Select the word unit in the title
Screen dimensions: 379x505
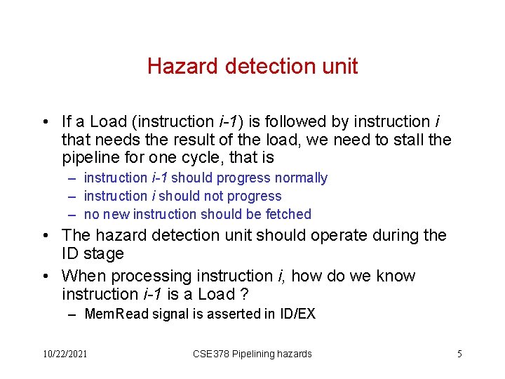point(339,67)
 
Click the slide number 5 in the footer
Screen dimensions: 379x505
point(459,354)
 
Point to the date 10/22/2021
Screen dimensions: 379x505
point(65,354)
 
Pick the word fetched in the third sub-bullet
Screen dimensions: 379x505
point(291,214)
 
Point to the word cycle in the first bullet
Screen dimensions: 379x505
point(177,158)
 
